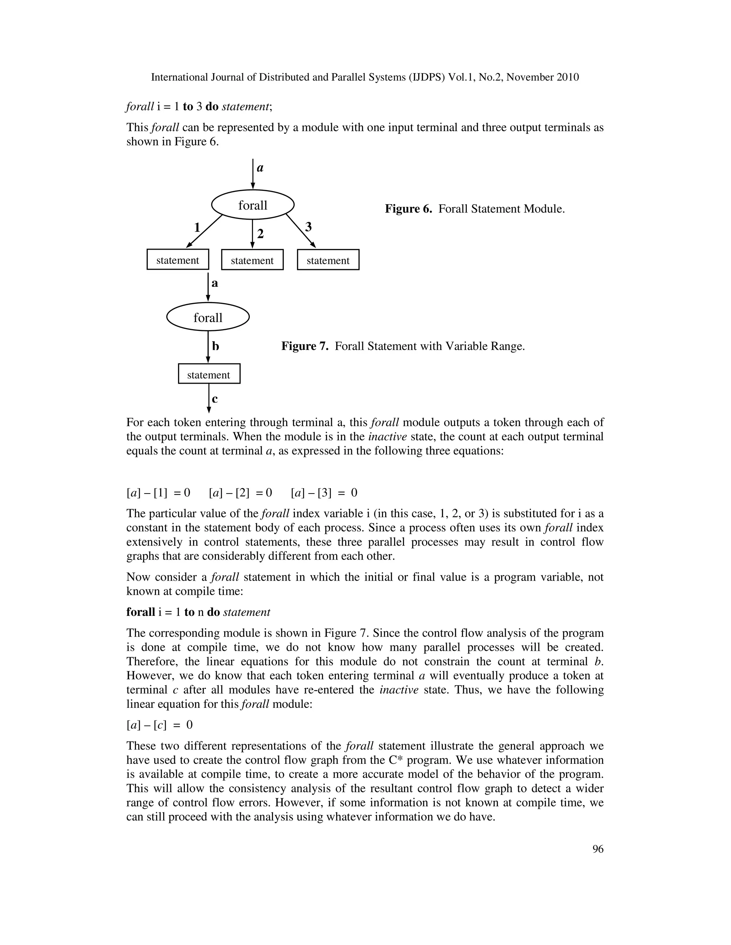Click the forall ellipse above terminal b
[x=208, y=318]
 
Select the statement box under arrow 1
[x=177, y=260]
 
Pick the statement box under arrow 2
[x=252, y=260]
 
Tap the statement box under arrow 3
[x=328, y=260]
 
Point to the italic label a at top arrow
[x=260, y=168]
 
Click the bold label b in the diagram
[x=215, y=346]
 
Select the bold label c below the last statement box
[x=215, y=399]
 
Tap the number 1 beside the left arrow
[x=197, y=227]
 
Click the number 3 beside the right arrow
[x=308, y=227]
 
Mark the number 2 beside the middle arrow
[x=260, y=234]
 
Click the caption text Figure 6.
[x=475, y=209]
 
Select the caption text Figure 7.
[x=403, y=346]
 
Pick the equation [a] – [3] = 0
[x=324, y=493]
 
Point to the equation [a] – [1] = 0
[x=158, y=493]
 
